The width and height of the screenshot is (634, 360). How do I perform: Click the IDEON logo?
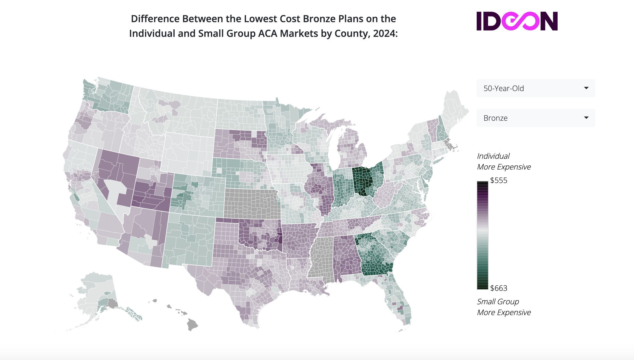517,21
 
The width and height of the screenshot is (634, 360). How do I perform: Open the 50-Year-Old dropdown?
535,88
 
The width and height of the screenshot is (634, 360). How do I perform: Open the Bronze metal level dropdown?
535,118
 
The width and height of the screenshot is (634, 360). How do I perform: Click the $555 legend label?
499,180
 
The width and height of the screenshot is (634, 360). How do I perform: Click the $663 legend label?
499,288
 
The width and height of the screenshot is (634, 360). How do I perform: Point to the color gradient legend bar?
482,235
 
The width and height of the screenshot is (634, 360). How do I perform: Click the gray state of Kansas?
252,204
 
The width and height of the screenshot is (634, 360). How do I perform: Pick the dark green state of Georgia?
375,258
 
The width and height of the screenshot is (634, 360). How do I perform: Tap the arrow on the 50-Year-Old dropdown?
586,88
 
